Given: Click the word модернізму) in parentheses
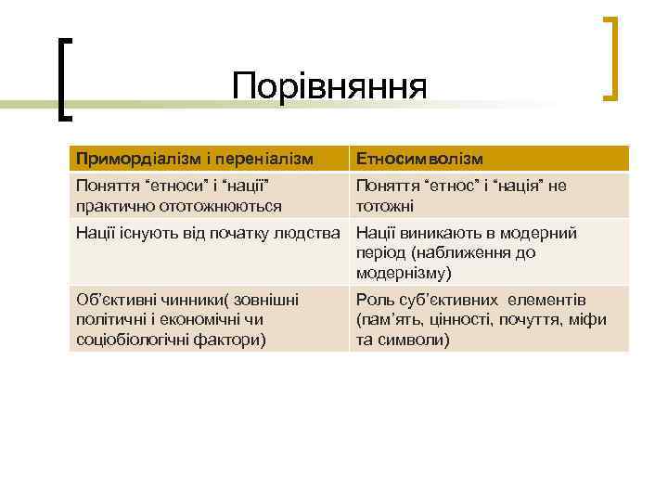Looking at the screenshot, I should [x=404, y=273].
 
